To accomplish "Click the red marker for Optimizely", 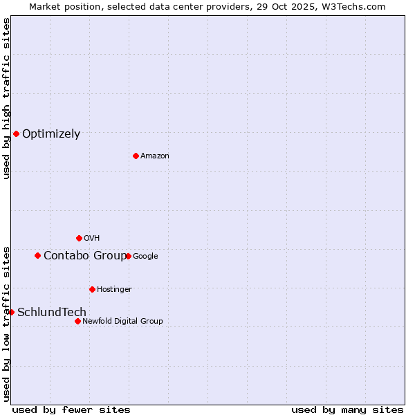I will click(x=16, y=133).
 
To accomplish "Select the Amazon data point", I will click(x=136, y=156).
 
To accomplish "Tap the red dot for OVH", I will click(x=79, y=238).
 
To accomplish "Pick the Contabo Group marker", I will click(x=37, y=255).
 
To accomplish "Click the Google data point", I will click(x=128, y=256).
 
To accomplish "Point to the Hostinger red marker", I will click(x=92, y=289).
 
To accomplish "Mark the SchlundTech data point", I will click(x=11, y=312).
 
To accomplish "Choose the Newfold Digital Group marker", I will click(x=77, y=321).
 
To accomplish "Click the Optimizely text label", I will click(x=51, y=134).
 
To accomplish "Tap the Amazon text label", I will click(x=155, y=156).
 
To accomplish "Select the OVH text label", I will click(x=92, y=239).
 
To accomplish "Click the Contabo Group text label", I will click(x=84, y=256).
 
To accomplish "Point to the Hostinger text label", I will click(x=114, y=289).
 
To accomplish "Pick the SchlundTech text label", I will click(x=52, y=313).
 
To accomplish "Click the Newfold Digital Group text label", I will click(x=122, y=321).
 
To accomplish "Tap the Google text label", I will click(x=145, y=257).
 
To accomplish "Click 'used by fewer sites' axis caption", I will click(x=71, y=409).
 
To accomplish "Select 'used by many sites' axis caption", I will click(x=347, y=409).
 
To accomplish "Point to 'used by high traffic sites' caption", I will click(x=6, y=98).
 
